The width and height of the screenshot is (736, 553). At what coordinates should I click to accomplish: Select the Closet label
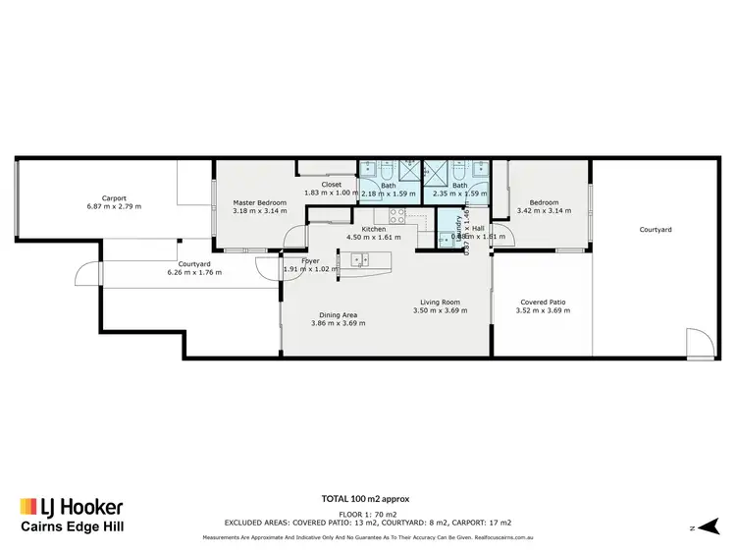tap(331, 184)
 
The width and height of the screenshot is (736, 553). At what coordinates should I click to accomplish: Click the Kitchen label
tap(374, 229)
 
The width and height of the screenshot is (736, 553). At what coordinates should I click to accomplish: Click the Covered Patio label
tap(542, 303)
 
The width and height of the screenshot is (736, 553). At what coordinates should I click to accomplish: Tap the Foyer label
tap(310, 261)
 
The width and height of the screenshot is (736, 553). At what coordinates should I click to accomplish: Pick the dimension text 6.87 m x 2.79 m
tap(114, 206)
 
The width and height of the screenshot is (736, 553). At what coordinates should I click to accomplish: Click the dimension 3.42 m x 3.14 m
tap(543, 210)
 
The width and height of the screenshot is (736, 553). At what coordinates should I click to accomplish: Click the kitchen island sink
tap(357, 260)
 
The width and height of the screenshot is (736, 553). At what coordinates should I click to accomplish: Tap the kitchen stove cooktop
tap(396, 216)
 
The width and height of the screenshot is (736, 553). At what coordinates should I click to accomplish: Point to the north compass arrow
tap(702, 528)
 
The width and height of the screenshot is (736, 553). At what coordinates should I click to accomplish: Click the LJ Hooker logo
tap(71, 507)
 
